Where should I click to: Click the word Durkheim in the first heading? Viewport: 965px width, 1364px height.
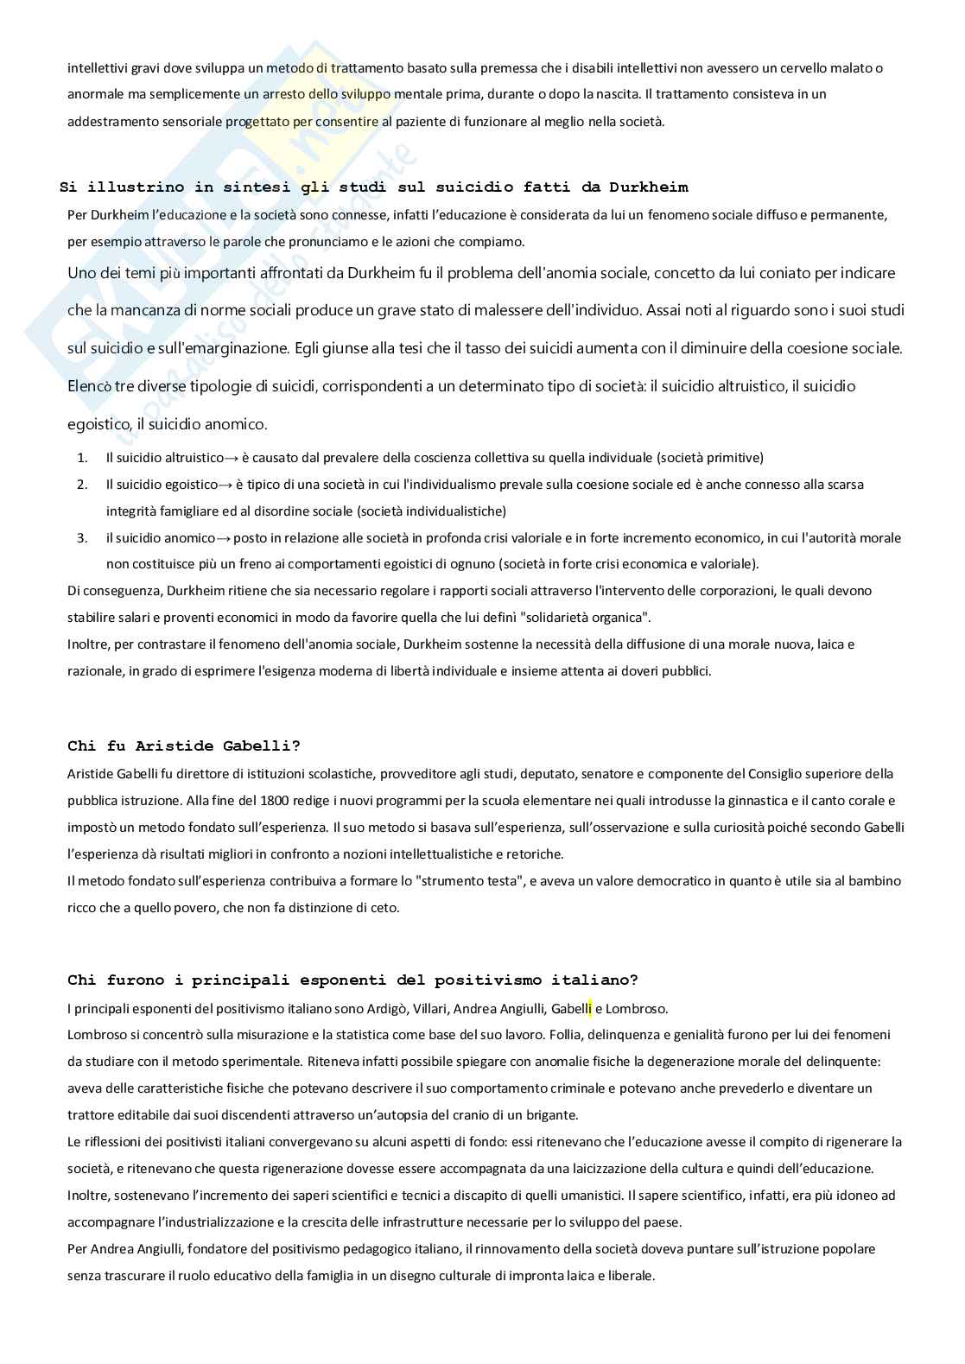(x=648, y=187)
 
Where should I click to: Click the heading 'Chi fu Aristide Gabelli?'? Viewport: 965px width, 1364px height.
(x=183, y=745)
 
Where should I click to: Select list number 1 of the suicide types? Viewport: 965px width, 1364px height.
(x=83, y=458)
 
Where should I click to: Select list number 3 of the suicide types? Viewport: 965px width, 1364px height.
(x=83, y=538)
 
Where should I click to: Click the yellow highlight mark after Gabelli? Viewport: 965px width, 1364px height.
(x=590, y=1008)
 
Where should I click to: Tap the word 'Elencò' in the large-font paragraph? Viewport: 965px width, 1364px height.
(x=89, y=386)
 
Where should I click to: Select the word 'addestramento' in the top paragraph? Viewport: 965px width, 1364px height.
(x=110, y=122)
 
